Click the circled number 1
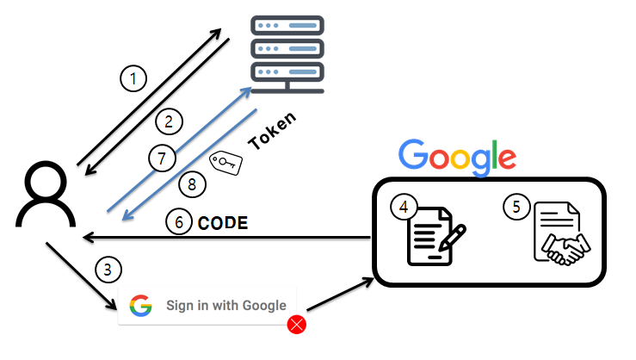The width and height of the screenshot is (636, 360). (x=132, y=79)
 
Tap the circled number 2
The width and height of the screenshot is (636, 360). (x=170, y=121)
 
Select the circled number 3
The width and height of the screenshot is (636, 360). (x=107, y=270)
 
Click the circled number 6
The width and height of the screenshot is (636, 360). (x=179, y=222)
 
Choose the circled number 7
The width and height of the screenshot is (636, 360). (x=161, y=158)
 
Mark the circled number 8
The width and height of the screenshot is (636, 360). (x=192, y=183)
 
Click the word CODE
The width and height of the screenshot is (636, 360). (x=223, y=223)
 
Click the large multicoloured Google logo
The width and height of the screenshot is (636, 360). (x=457, y=156)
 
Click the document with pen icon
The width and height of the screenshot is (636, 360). (x=435, y=235)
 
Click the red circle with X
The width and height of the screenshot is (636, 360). (x=298, y=325)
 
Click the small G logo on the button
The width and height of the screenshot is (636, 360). (x=141, y=306)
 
